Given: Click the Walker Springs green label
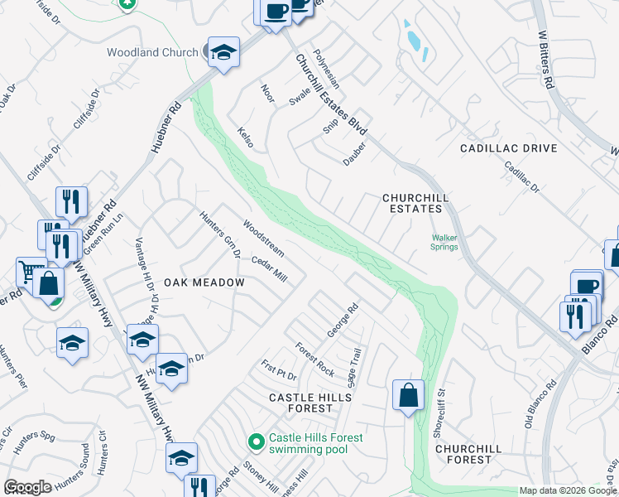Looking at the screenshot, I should [x=444, y=242].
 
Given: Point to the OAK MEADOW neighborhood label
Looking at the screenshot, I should [x=204, y=282].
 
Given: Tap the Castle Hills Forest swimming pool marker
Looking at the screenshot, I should [x=257, y=443].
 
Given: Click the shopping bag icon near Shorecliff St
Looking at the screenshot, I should [x=409, y=394].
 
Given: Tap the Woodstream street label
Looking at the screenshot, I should [x=263, y=238].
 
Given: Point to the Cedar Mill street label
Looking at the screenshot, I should [x=268, y=269].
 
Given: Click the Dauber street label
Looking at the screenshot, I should [x=354, y=154].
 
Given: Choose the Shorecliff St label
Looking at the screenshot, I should [x=441, y=398].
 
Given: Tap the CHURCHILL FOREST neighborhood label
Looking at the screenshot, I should [x=468, y=453].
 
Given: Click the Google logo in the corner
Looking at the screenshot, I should [x=27, y=487].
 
